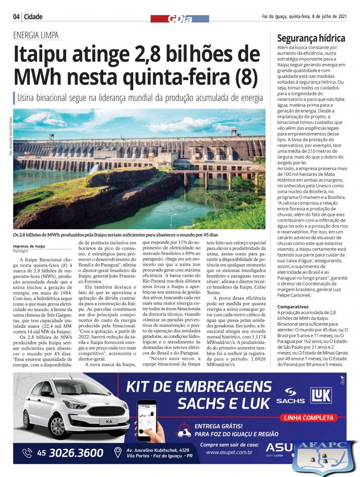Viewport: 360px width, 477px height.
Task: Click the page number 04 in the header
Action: [17, 17]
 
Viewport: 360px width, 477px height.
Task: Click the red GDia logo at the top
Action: [180, 18]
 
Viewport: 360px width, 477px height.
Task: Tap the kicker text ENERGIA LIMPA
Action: [36, 36]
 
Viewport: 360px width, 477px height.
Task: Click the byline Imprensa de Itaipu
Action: [29, 246]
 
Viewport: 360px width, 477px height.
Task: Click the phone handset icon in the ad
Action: [27, 453]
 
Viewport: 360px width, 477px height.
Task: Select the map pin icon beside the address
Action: [118, 452]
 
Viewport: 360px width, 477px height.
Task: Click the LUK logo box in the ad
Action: [321, 396]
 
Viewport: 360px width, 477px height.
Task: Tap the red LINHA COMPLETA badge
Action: [308, 418]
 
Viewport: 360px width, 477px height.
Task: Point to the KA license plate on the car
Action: [109, 421]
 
